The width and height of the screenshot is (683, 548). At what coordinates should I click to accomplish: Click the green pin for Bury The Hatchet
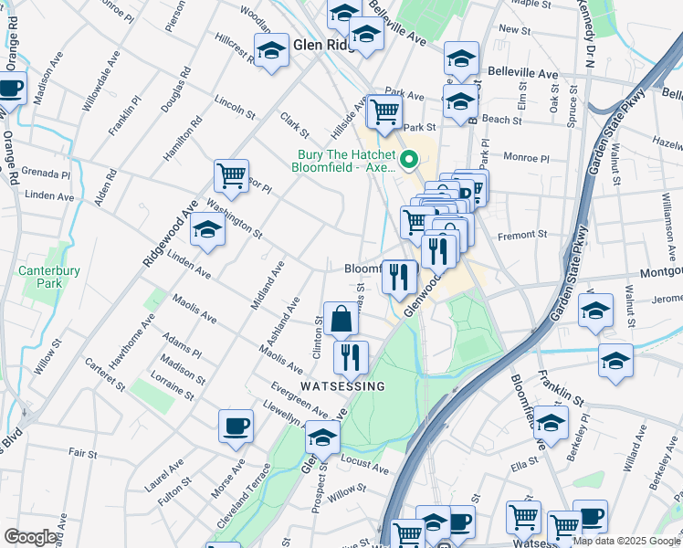[x=410, y=161]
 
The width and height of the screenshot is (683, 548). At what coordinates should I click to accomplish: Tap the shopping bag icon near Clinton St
[x=341, y=320]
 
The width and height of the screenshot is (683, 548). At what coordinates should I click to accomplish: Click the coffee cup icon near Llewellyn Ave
[x=236, y=426]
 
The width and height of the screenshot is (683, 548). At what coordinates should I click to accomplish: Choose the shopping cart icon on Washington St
[x=232, y=175]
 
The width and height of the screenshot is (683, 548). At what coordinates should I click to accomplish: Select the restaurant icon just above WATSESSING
[x=351, y=357]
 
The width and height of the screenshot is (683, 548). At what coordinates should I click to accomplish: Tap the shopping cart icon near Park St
[x=385, y=111]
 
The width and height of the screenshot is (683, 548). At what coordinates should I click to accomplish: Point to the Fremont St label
[x=522, y=235]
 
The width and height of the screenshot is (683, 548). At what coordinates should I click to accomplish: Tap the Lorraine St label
[x=174, y=387]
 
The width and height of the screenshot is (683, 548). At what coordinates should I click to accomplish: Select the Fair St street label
[x=82, y=453]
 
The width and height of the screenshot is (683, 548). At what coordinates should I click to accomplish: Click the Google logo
[x=31, y=537]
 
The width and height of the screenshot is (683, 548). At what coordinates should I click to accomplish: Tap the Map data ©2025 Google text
[x=625, y=541]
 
